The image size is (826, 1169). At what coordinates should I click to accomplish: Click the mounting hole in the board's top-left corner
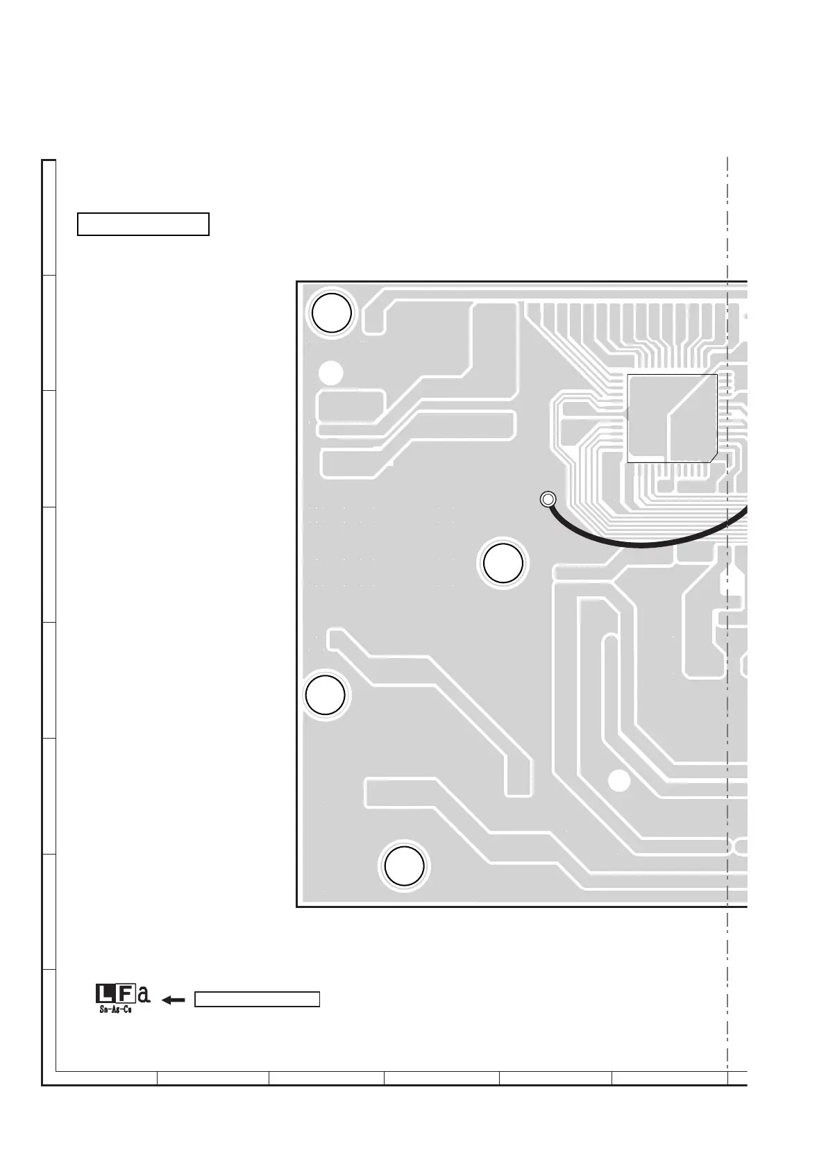click(332, 313)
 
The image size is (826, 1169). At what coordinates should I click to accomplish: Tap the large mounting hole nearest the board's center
click(503, 563)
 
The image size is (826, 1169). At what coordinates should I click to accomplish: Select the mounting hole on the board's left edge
click(326, 695)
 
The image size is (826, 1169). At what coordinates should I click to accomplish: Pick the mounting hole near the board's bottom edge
click(404, 865)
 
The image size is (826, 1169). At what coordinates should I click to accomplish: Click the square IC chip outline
click(671, 418)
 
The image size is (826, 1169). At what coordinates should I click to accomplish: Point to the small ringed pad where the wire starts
click(547, 499)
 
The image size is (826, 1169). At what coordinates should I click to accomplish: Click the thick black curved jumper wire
click(646, 543)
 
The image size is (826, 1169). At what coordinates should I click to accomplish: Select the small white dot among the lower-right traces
click(618, 781)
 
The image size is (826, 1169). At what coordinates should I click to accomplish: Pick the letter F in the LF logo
click(124, 994)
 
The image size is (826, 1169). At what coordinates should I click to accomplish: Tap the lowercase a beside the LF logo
click(143, 995)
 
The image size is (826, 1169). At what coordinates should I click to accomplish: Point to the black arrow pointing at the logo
click(173, 1000)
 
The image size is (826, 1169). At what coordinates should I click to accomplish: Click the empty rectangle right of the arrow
click(257, 999)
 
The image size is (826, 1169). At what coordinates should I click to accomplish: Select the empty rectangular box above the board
click(143, 224)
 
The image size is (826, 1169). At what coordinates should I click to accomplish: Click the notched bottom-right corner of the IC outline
click(714, 455)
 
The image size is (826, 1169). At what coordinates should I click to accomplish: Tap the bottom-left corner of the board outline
click(297, 906)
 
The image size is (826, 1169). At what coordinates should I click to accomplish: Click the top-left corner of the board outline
click(297, 283)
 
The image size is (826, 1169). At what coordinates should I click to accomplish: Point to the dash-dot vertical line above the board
click(727, 215)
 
